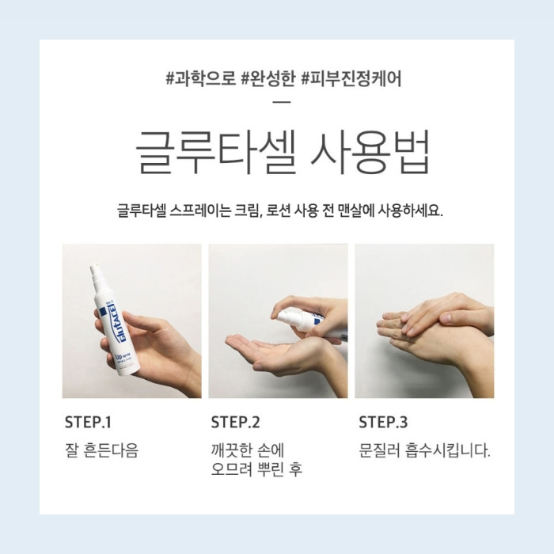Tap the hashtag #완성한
point(265,80)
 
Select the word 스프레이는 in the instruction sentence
point(197,212)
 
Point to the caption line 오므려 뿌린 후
point(256,470)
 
